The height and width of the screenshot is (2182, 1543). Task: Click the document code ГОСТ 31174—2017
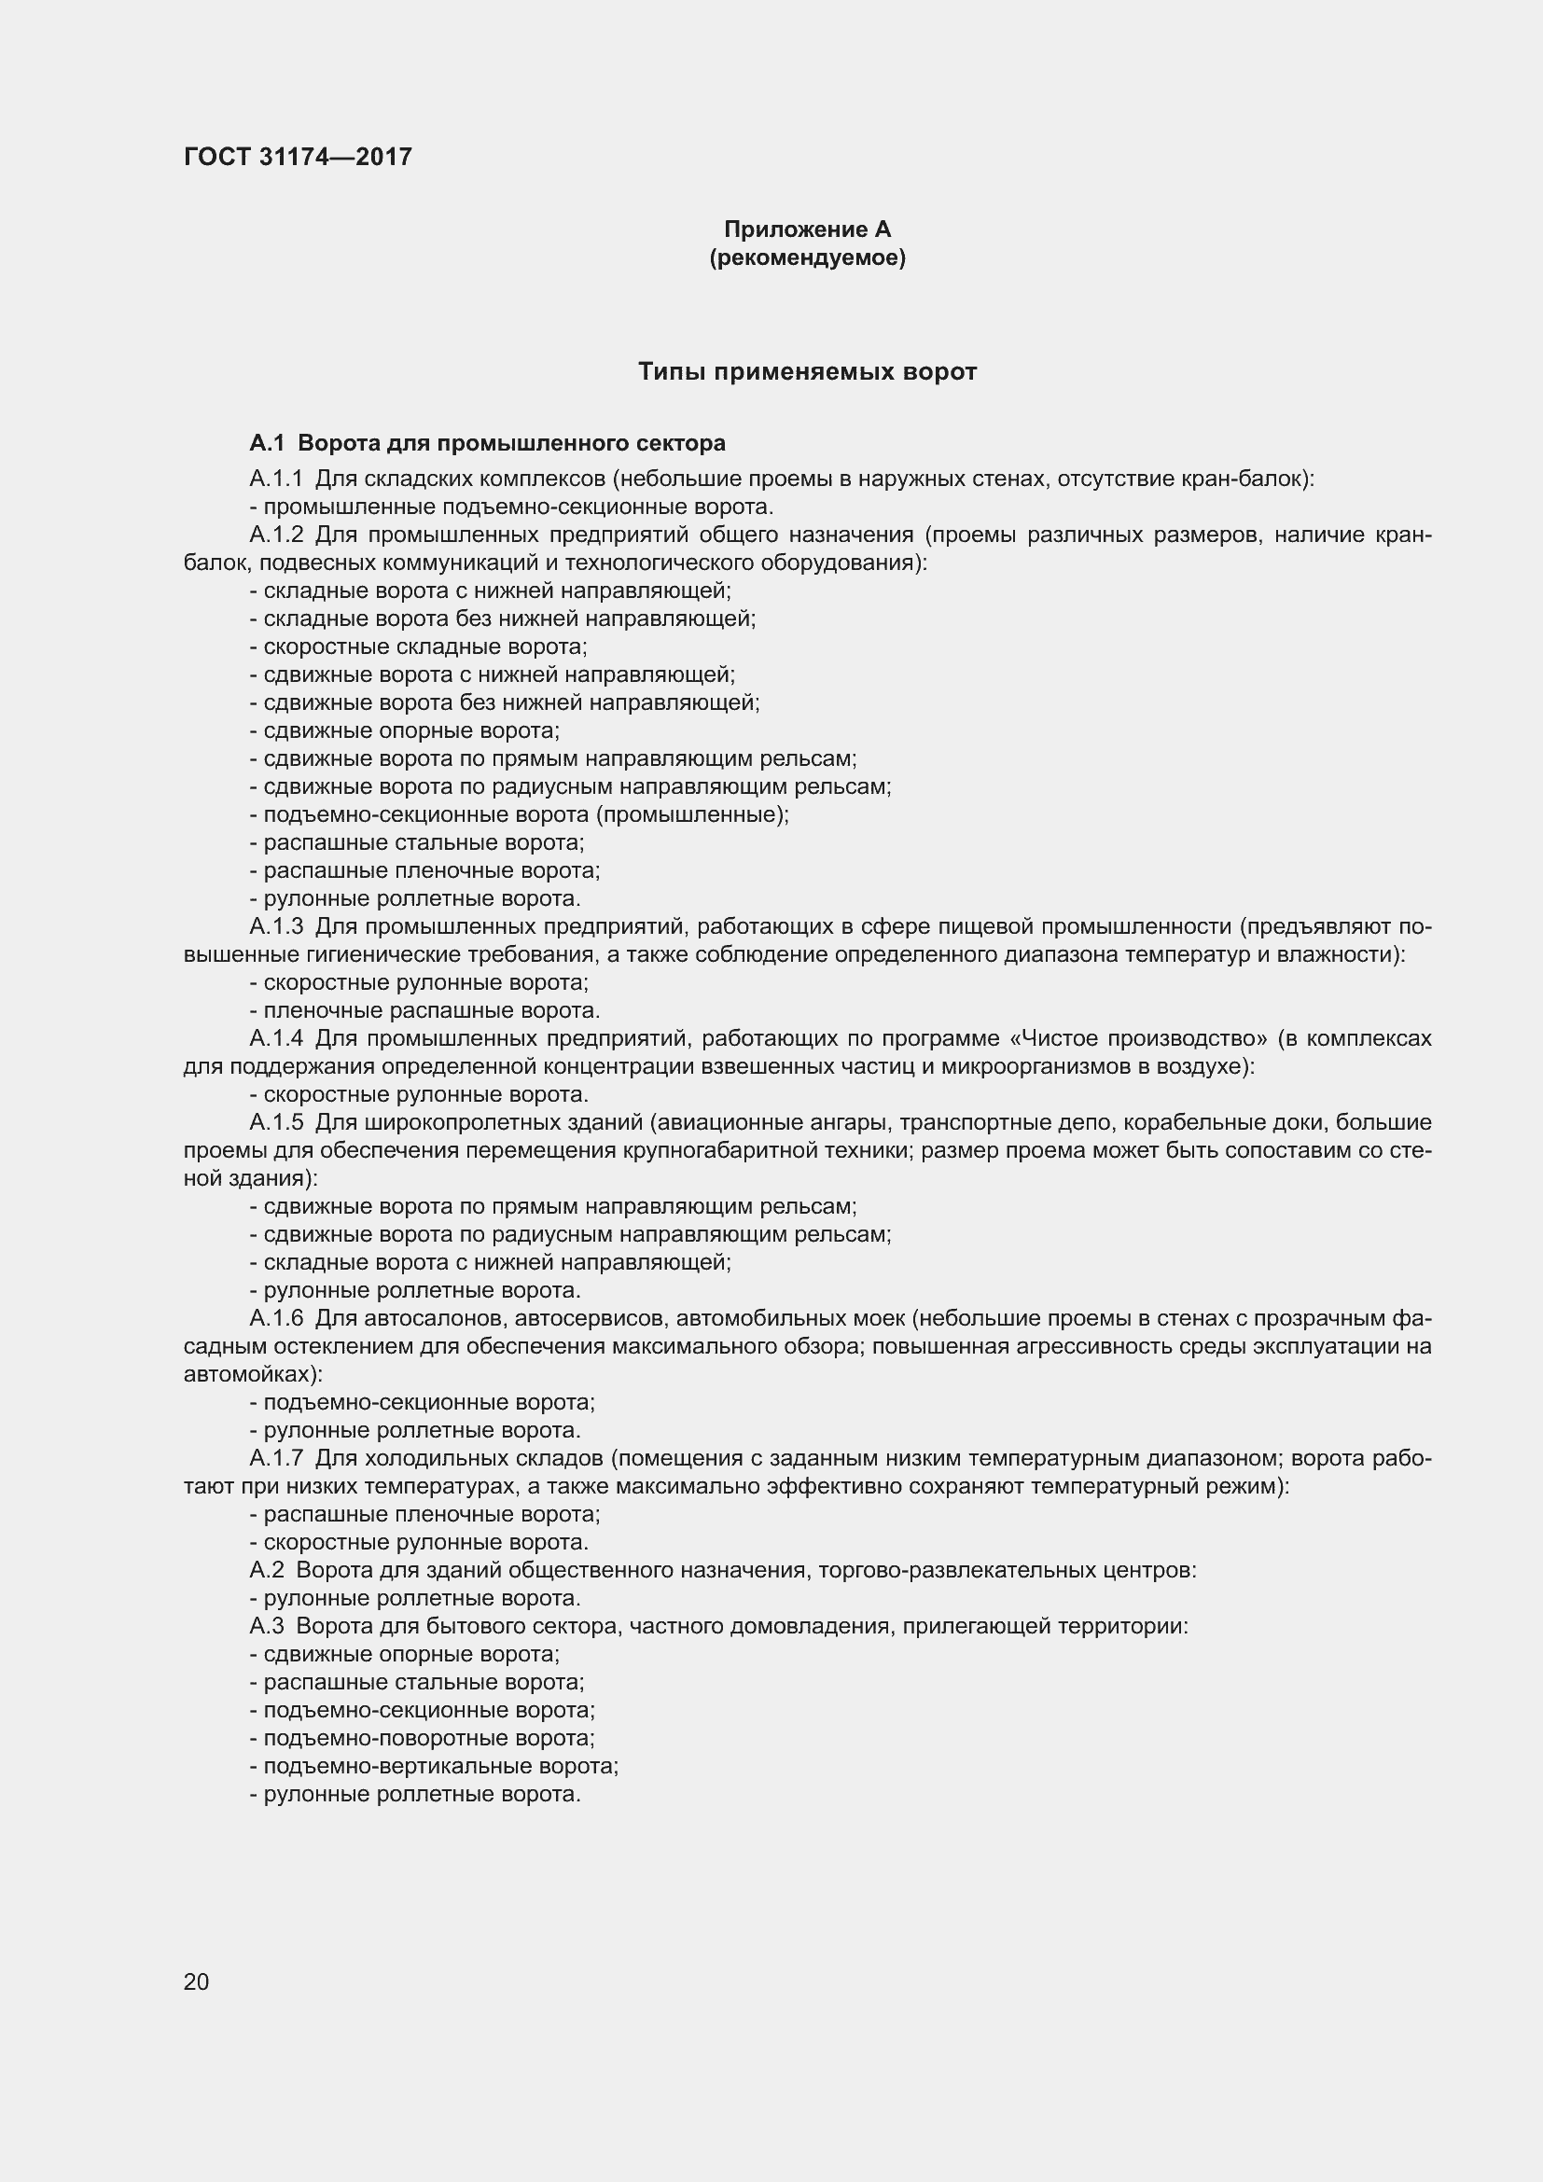click(298, 157)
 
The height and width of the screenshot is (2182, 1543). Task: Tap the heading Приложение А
click(807, 229)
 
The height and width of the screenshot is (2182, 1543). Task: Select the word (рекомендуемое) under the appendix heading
click(807, 257)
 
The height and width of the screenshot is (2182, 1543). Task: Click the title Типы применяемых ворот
click(807, 371)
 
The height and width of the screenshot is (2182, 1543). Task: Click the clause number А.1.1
click(275, 479)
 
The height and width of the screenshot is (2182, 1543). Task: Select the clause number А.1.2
click(275, 535)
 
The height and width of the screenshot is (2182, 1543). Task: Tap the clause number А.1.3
click(275, 926)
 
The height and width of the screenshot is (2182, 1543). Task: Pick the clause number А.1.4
click(275, 1038)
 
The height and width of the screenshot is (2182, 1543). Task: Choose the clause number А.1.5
click(275, 1122)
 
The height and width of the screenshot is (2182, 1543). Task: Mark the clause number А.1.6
click(275, 1318)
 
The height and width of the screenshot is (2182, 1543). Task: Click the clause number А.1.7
click(275, 1458)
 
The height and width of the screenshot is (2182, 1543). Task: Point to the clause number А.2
click(266, 1570)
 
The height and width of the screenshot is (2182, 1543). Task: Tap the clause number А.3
click(266, 1626)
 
